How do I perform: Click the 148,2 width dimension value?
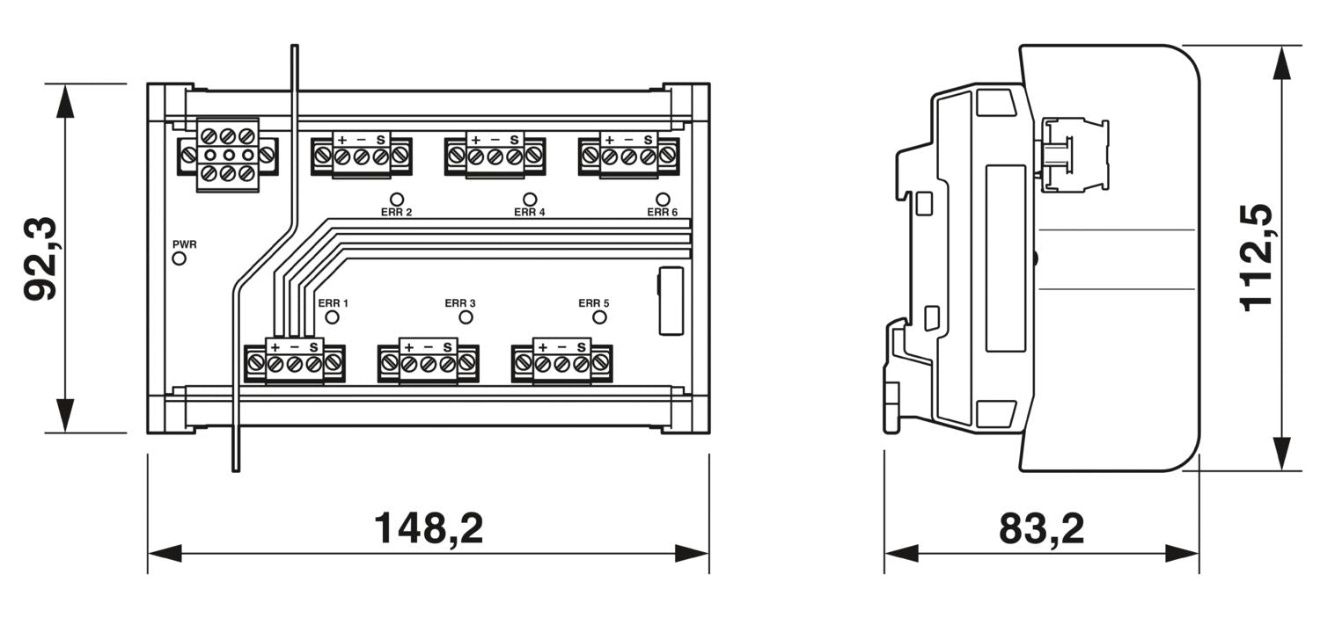pos(429,528)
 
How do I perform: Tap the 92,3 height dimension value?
pos(40,259)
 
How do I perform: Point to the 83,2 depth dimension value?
pos(1041,528)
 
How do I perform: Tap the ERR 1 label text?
pos(334,303)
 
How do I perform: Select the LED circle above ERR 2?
pos(396,200)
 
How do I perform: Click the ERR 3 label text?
pos(460,303)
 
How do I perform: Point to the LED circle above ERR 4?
pos(530,200)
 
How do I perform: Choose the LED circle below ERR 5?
pos(599,317)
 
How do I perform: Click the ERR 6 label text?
pos(663,212)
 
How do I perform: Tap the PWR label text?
pos(184,244)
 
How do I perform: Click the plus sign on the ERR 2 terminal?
pos(341,140)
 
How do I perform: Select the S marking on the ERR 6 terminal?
pos(649,140)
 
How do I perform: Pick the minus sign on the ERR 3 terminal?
pos(428,347)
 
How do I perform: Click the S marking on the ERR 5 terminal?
pos(581,347)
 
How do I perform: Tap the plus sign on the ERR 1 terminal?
pos(275,347)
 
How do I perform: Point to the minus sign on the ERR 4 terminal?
pos(495,140)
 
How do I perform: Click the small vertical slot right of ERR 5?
pos(671,301)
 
